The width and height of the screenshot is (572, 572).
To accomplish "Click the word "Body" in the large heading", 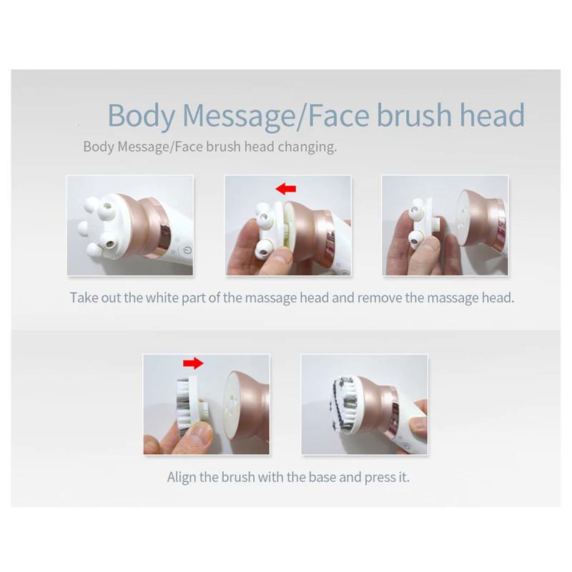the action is tap(141, 116).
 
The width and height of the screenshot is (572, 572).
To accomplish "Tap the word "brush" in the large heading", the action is tap(414, 114).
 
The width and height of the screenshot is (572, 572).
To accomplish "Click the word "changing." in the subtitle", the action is tap(307, 147).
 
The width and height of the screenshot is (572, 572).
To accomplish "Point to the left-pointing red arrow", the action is tap(285, 189).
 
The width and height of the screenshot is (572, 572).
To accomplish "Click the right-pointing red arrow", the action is tap(193, 363).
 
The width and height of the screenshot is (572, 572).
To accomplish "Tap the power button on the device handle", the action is tap(187, 251).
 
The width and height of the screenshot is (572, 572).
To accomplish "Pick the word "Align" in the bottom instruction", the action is tap(182, 477).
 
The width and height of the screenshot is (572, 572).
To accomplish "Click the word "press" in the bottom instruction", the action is tap(380, 478).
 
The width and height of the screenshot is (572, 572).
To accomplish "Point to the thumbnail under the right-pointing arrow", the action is tap(207, 404).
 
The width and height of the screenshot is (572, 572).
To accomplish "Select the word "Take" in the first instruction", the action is tap(84, 297).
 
